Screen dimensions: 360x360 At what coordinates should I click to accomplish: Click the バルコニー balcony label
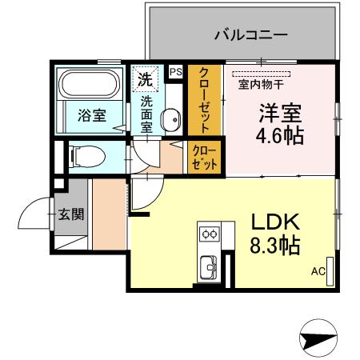pos(251,35)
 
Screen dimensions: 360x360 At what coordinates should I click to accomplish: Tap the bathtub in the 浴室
pos(90,84)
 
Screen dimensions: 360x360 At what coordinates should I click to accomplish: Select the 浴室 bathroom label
pos(92,115)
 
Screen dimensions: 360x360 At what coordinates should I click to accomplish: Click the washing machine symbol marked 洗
pos(146,79)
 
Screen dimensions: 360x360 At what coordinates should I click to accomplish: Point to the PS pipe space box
pos(176,71)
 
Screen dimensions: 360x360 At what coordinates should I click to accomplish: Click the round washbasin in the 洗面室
pos(171,120)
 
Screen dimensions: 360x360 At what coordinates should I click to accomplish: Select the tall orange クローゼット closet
pos(205,100)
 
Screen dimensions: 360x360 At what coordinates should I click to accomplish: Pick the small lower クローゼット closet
pos(205,158)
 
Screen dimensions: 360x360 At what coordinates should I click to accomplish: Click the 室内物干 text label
pos(261,85)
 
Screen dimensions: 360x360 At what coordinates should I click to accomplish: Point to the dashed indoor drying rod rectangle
pos(261,74)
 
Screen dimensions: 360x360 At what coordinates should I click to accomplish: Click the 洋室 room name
pos(280,113)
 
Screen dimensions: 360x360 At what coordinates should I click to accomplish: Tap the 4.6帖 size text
pos(280,135)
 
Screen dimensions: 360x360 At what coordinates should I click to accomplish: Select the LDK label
pos(275,222)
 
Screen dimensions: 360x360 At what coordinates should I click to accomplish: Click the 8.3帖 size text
pos(275,245)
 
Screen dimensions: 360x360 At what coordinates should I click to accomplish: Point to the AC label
pos(318,271)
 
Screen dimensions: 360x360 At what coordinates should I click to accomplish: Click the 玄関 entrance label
pos(71,214)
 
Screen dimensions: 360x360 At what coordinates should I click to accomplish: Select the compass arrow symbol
pos(318,338)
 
